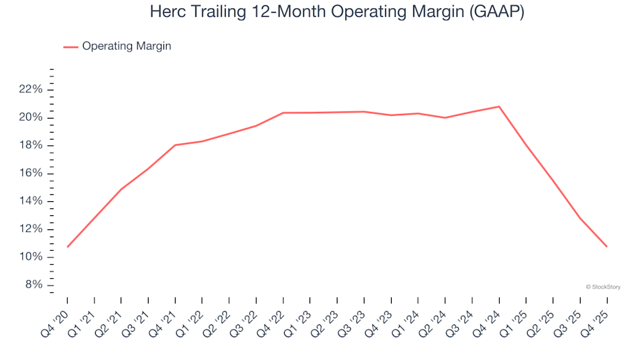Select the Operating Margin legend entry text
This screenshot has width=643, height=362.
[127, 46]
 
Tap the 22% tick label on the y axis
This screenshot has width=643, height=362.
[31, 90]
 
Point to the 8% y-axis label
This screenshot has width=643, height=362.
[33, 285]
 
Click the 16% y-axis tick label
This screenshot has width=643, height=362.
[31, 174]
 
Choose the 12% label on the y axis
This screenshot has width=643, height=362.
[31, 229]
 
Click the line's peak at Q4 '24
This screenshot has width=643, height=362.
[499, 107]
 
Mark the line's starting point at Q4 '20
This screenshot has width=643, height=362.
[68, 247]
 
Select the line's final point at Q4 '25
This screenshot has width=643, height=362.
[607, 247]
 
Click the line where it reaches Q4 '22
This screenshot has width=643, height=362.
[283, 113]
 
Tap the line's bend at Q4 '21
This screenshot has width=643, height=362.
[175, 145]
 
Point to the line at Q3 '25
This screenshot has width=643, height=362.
[580, 219]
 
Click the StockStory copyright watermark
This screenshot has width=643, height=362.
[603, 287]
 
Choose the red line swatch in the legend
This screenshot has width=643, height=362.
[71, 47]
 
